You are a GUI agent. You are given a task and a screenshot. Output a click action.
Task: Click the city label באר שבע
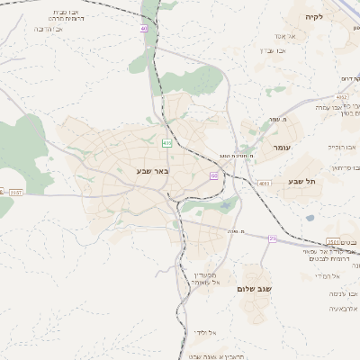(x=154, y=169)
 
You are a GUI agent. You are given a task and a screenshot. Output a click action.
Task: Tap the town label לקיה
(x=339, y=16)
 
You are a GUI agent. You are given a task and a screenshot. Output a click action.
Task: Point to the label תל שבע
(x=301, y=181)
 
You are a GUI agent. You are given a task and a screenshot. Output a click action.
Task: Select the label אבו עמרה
(x=332, y=107)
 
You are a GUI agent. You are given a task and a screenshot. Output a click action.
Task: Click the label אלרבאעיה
(x=322, y=308)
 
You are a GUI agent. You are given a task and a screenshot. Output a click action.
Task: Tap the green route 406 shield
(x=166, y=143)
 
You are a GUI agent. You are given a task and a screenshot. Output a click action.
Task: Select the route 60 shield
(x=214, y=175)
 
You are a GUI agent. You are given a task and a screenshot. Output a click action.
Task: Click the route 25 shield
(x=272, y=238)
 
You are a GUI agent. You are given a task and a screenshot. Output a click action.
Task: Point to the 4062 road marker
(x=342, y=95)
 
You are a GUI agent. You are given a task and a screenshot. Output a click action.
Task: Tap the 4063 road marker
(x=264, y=183)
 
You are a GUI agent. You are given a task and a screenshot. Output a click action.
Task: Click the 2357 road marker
(x=15, y=192)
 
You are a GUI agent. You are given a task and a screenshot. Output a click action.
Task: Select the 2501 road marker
(x=333, y=242)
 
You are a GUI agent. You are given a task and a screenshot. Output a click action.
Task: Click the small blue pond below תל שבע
(x=310, y=217)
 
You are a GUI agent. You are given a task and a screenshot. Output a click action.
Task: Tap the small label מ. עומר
(x=251, y=119)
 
